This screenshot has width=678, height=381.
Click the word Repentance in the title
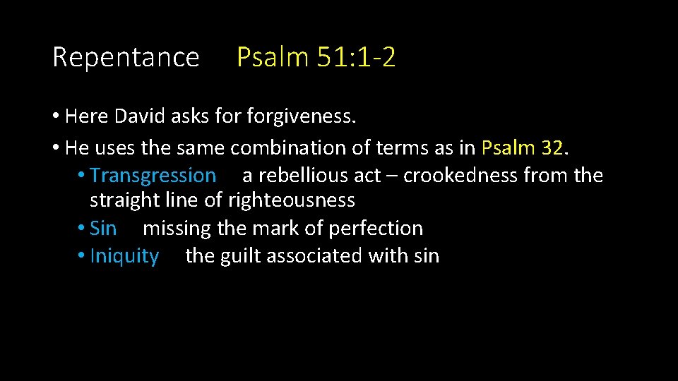tap(126, 57)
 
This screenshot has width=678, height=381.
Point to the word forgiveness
tap(301, 116)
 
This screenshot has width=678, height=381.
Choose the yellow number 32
tap(552, 148)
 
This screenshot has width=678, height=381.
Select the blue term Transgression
tap(153, 175)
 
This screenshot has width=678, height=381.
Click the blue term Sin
tap(103, 229)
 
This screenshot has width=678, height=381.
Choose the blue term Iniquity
tap(124, 256)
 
